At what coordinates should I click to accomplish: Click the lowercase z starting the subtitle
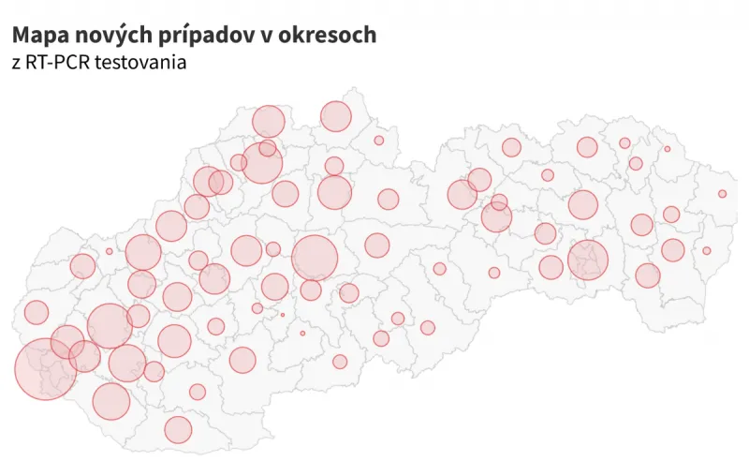(16, 64)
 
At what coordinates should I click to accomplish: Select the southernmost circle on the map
(178, 430)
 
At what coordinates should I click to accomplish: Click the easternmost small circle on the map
(722, 194)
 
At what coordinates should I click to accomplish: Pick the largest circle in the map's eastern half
(588, 260)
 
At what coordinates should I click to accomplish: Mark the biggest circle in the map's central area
(315, 258)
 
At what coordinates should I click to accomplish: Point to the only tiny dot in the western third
(109, 251)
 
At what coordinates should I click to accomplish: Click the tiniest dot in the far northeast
(668, 149)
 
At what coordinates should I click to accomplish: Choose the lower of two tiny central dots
(302, 333)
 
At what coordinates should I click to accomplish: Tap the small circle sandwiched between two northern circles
(268, 148)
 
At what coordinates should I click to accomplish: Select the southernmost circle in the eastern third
(648, 275)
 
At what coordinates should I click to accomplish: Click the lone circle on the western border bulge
(37, 312)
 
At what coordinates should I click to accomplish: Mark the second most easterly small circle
(707, 250)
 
